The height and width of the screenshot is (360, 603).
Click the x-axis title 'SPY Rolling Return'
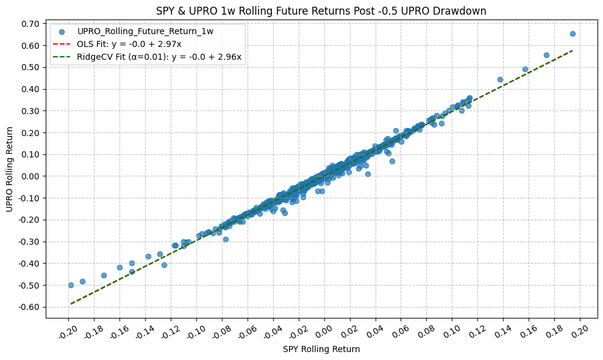coord(321,349)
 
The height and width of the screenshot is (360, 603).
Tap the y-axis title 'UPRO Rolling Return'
coord(10,169)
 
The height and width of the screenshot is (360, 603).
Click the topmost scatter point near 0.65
coord(573,34)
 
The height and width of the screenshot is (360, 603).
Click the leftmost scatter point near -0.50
coord(71,285)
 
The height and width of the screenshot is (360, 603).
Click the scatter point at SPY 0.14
coord(500,79)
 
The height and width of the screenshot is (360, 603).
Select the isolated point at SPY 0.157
coord(525,69)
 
